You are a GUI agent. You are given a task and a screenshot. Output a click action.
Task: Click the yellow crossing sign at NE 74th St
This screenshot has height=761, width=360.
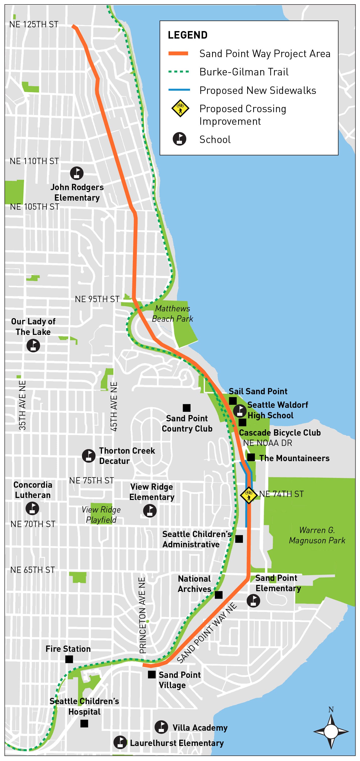(x=249, y=495)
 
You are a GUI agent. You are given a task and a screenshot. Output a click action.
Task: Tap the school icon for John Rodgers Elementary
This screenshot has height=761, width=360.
(x=76, y=173)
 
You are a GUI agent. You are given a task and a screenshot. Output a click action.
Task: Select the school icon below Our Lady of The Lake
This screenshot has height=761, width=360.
(x=33, y=345)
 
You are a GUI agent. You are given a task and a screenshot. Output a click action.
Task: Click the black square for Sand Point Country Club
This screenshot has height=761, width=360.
(x=187, y=408)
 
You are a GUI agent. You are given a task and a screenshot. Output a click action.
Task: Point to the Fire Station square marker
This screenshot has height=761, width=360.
(x=69, y=659)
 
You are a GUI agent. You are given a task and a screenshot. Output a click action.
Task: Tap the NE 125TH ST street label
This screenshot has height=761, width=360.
(x=34, y=25)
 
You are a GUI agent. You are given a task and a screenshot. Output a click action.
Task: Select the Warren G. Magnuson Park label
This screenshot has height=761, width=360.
(x=317, y=535)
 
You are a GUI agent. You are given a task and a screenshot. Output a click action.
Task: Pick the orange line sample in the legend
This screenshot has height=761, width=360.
(x=178, y=53)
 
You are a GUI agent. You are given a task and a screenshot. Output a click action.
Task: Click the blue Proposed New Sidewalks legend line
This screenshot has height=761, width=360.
(x=179, y=89)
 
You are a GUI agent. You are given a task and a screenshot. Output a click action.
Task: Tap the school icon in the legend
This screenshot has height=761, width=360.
(x=179, y=139)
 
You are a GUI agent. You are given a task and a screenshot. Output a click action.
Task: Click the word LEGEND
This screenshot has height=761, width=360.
(x=188, y=35)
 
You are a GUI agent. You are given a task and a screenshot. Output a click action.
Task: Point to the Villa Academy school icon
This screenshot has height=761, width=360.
(x=161, y=727)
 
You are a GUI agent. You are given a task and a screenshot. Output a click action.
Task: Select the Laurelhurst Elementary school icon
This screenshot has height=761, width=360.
(x=120, y=742)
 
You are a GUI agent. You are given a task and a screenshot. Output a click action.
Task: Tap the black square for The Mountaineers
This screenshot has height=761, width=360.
(x=251, y=457)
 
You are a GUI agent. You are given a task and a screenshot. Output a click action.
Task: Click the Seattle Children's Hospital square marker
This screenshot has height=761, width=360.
(x=84, y=723)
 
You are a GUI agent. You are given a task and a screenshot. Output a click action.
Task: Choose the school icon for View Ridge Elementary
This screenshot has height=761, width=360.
(x=150, y=511)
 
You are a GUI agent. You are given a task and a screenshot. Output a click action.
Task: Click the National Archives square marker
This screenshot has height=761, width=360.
(x=219, y=595)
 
